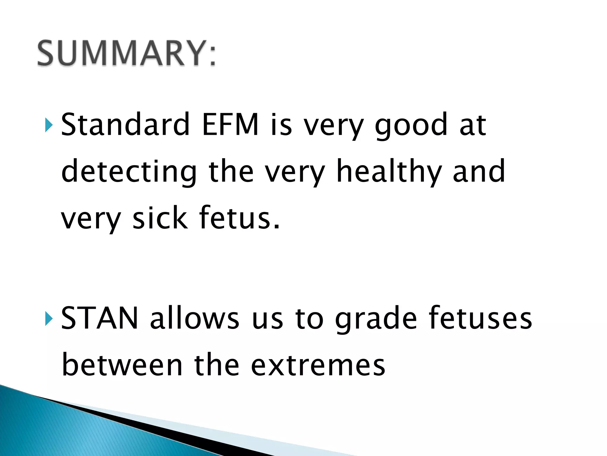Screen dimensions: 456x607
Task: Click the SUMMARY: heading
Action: (x=127, y=53)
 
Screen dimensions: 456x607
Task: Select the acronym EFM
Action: (x=230, y=125)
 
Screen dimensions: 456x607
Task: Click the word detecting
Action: (x=129, y=172)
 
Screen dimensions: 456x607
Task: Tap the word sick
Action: (x=160, y=218)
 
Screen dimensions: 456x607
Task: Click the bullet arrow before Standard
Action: (x=49, y=125)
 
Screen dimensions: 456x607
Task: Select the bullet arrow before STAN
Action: (x=49, y=319)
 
